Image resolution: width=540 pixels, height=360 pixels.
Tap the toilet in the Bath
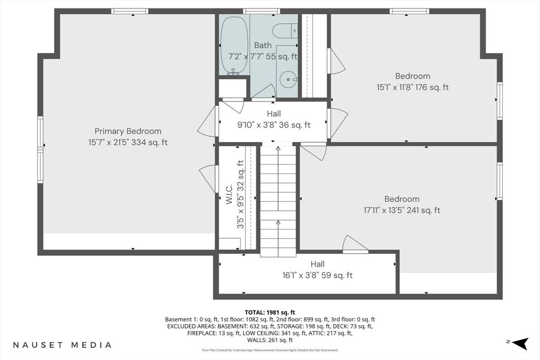click(284, 31)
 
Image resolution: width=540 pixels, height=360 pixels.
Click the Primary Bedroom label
click(128, 131)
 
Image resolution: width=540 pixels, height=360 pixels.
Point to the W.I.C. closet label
click(229, 194)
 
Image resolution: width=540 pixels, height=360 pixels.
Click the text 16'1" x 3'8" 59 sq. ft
click(317, 275)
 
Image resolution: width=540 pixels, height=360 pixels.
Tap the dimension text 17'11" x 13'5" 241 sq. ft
click(402, 210)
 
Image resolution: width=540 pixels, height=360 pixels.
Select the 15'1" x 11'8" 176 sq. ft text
click(412, 87)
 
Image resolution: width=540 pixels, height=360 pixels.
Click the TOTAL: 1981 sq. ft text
click(270, 313)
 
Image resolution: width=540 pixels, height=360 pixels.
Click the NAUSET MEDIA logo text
click(62, 345)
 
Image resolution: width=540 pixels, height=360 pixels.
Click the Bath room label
click(263, 45)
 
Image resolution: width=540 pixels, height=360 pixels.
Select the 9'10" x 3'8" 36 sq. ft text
click(274, 125)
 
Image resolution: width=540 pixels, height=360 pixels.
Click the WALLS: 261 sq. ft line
click(270, 340)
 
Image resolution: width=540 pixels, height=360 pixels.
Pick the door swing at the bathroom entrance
click(264, 92)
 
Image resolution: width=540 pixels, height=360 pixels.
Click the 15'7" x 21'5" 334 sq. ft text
click(128, 142)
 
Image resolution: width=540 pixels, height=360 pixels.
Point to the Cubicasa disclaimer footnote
click(270, 351)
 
